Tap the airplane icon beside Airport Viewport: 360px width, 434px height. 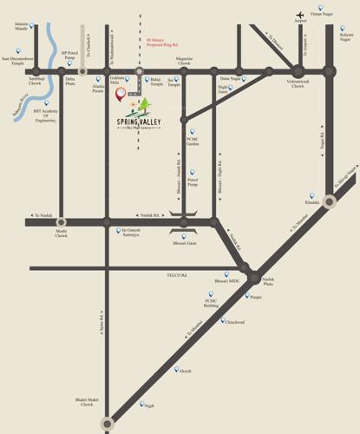(300, 14)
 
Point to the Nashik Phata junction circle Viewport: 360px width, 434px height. (255, 279)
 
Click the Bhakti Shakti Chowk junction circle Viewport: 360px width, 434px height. (107, 424)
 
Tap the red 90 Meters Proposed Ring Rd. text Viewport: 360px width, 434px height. (162, 42)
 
